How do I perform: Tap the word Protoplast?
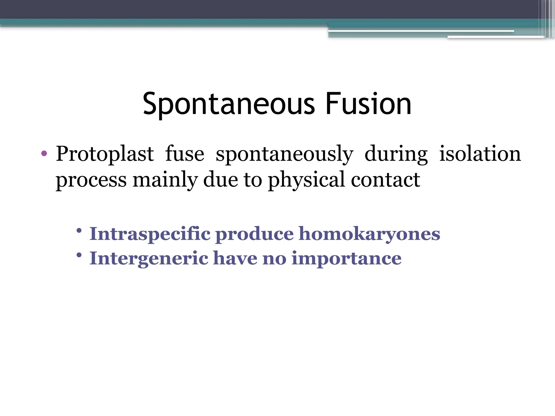pos(105,154)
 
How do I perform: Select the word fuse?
pos(185,154)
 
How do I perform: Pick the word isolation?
pos(480,154)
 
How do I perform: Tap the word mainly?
pos(165,180)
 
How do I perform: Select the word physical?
pos(306,180)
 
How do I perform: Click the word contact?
pos(385,179)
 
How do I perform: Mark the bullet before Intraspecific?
pos(79,231)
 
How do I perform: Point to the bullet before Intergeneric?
pos(79,255)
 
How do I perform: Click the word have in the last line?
pos(235,258)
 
